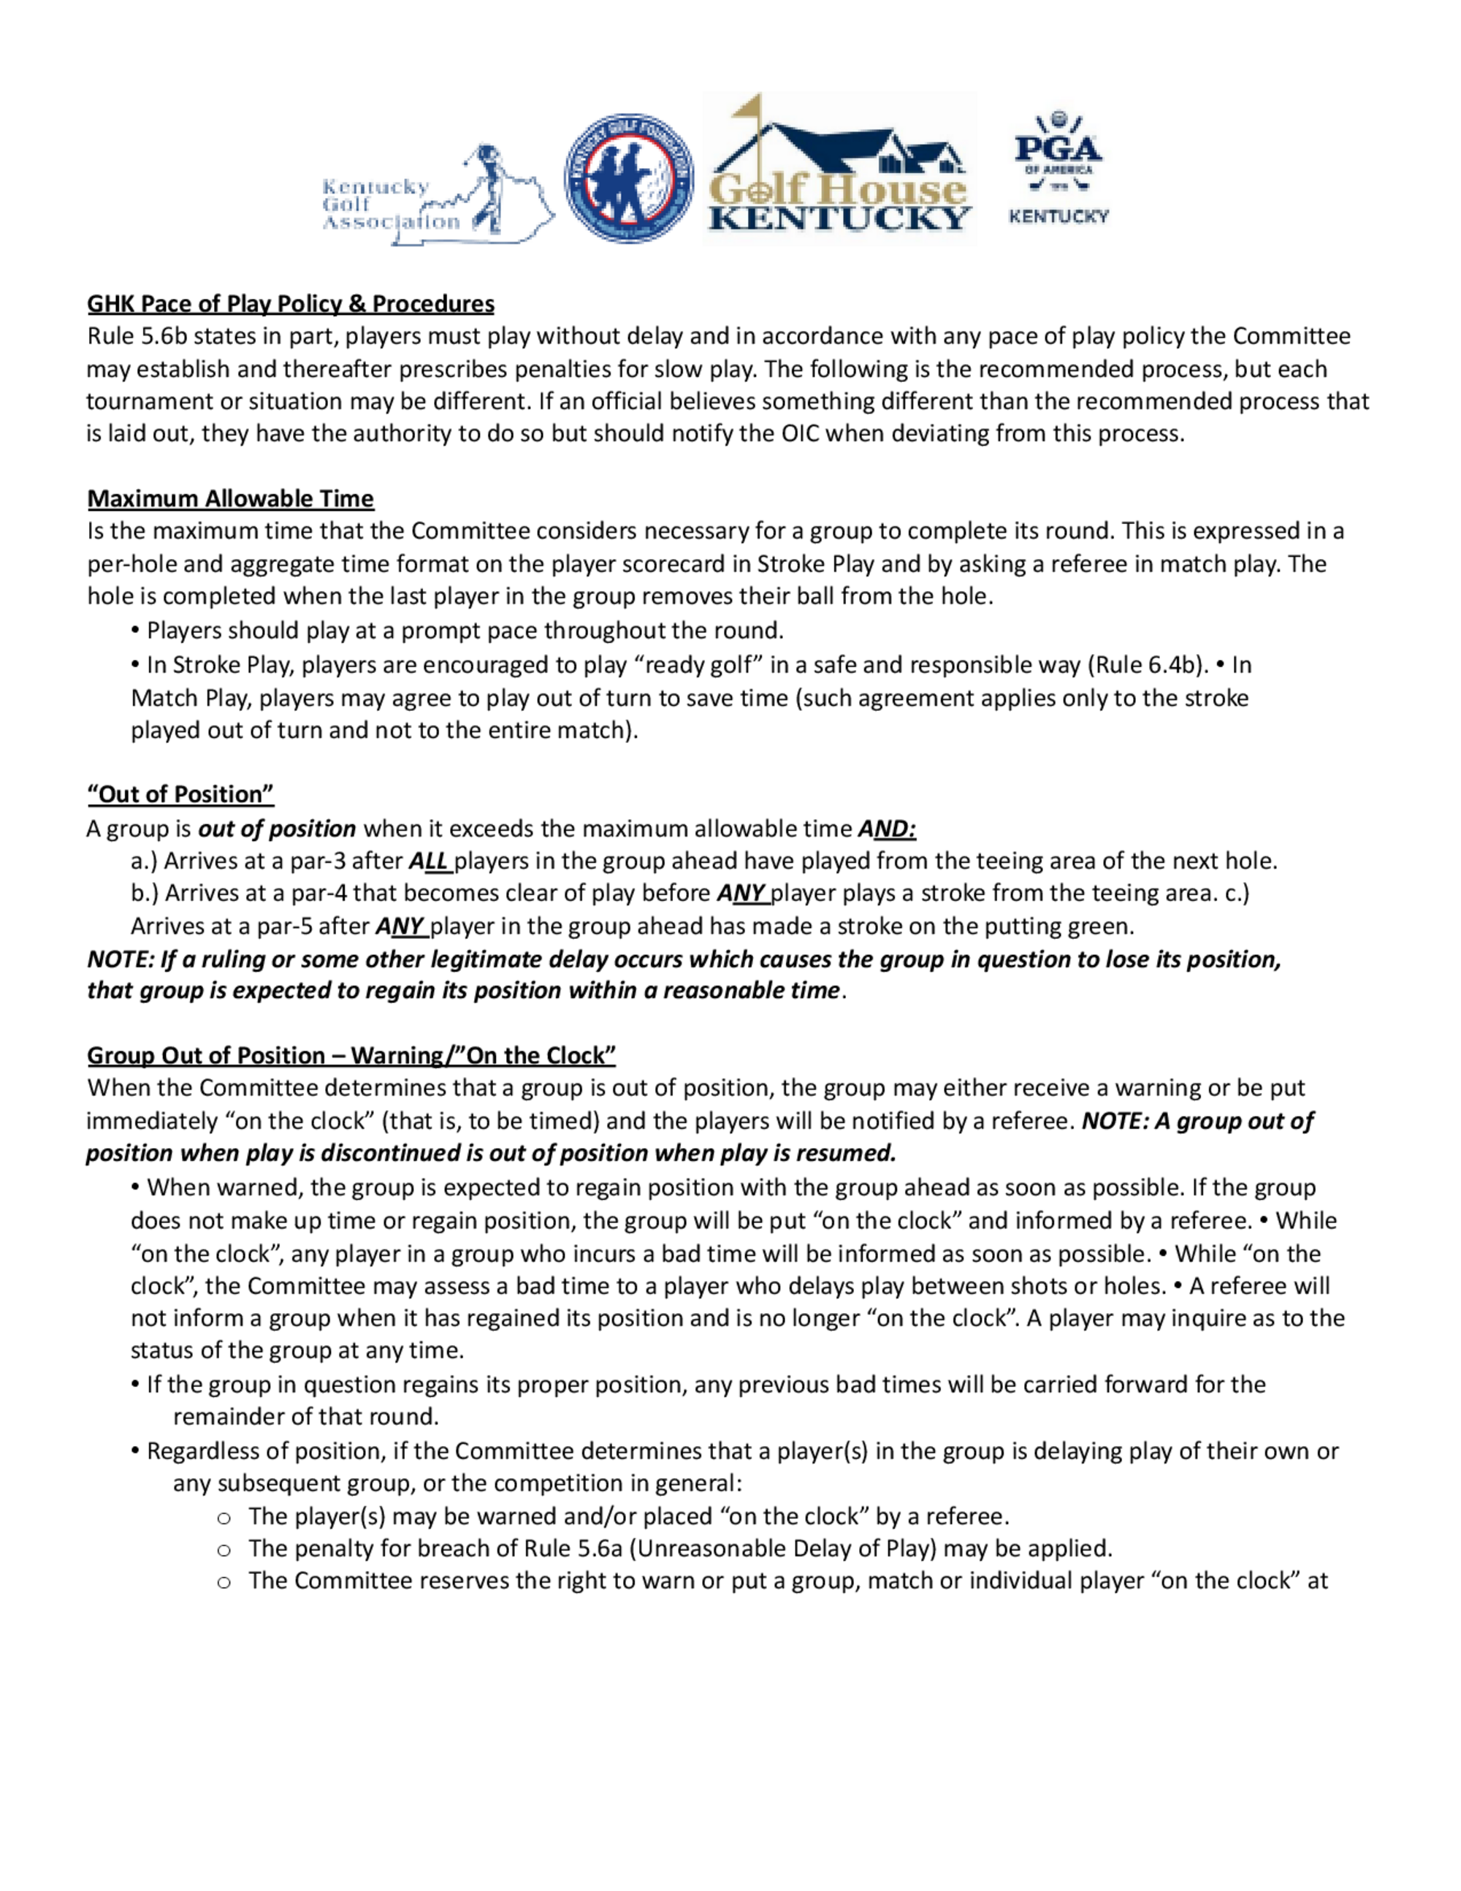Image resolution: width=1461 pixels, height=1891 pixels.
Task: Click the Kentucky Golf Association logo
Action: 437,196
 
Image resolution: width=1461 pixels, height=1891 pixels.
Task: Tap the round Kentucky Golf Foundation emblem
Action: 628,178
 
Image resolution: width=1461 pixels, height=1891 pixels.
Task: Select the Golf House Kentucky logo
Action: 839,169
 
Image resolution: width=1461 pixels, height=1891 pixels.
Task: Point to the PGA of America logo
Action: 1058,168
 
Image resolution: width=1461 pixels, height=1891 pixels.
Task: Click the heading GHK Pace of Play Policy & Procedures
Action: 291,304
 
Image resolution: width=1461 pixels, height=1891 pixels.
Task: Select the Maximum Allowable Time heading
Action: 230,499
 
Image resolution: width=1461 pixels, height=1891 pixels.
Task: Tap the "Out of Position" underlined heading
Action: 180,794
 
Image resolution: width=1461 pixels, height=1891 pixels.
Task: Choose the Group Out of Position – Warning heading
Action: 351,1055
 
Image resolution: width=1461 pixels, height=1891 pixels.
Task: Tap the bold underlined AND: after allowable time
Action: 886,829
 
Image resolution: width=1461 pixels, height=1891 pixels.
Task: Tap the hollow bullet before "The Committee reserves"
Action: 224,1582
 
